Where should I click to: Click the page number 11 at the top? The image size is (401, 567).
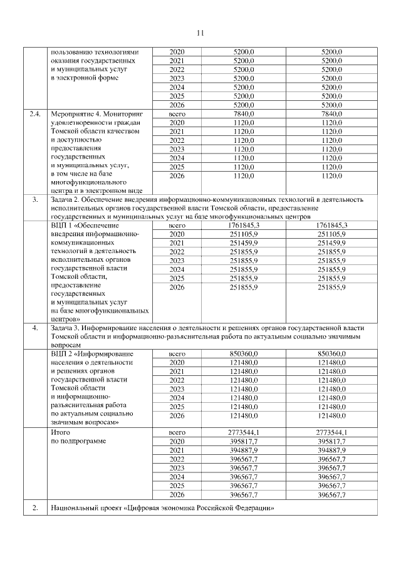(x=200, y=33)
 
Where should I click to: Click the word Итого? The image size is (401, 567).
(x=60, y=432)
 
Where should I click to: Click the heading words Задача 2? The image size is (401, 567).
(x=66, y=199)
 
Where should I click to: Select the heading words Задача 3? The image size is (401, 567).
(x=66, y=328)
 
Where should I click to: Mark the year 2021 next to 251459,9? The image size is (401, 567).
(x=177, y=242)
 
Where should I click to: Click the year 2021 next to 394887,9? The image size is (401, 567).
(x=177, y=450)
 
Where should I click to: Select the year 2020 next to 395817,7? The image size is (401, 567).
(x=177, y=442)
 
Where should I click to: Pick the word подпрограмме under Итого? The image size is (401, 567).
(x=82, y=442)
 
